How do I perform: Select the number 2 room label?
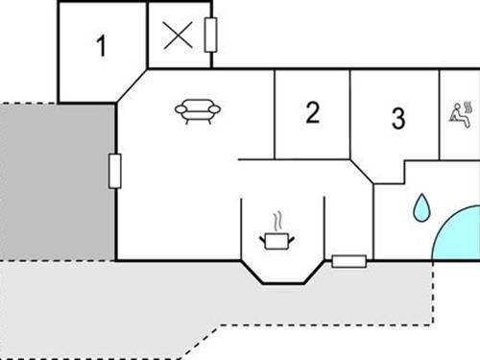click(312, 113)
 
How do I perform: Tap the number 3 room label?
click(398, 119)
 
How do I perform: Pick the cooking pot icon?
click(276, 238)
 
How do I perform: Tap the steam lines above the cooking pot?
click(277, 219)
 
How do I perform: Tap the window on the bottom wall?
click(348, 260)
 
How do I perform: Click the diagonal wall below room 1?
click(132, 85)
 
